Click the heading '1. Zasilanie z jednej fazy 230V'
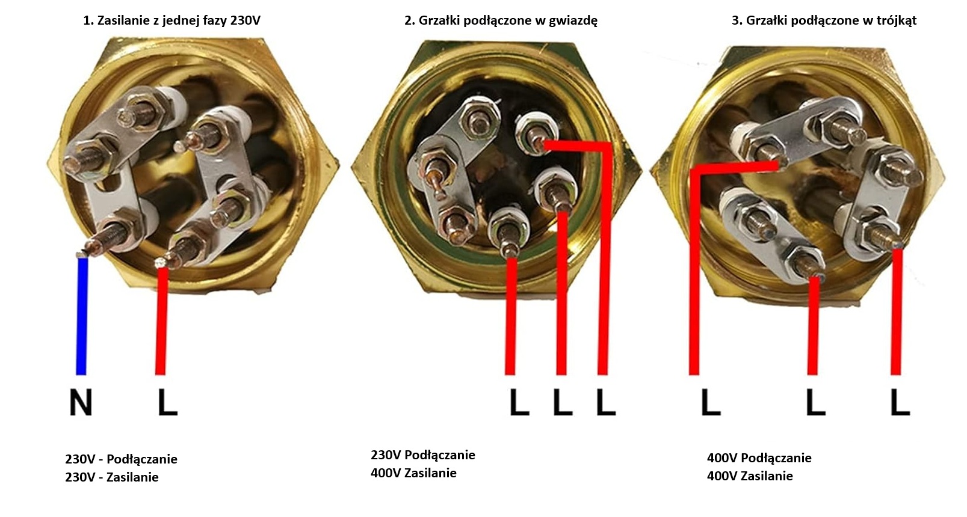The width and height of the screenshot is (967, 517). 171,20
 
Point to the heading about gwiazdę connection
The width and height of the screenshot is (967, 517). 501,20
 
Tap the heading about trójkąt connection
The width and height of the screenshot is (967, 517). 824,20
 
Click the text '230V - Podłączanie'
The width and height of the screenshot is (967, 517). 121,459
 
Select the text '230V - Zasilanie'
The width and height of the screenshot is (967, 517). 112,477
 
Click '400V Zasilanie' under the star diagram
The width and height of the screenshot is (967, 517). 413,473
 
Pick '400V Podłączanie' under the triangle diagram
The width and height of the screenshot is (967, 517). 759,458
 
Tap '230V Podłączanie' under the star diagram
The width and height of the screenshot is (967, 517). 422,455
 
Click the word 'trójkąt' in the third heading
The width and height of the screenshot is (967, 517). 897,20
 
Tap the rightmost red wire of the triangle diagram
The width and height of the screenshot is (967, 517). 897,313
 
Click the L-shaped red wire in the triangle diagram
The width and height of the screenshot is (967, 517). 694,271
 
